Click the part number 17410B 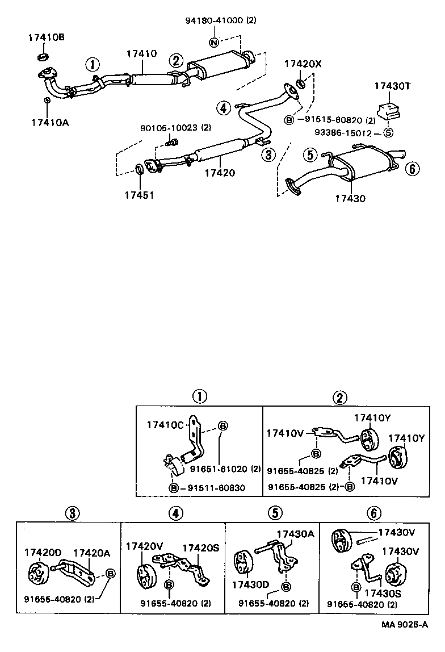point(47,38)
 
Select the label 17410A point(50,122)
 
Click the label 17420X point(303,64)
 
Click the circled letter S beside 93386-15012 point(389,133)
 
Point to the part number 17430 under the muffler point(350,198)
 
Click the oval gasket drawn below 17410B point(43,57)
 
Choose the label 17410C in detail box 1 point(165,424)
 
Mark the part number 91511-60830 point(213,488)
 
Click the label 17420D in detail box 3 point(43,553)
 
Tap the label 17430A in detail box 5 point(295,534)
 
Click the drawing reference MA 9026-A point(405,640)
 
